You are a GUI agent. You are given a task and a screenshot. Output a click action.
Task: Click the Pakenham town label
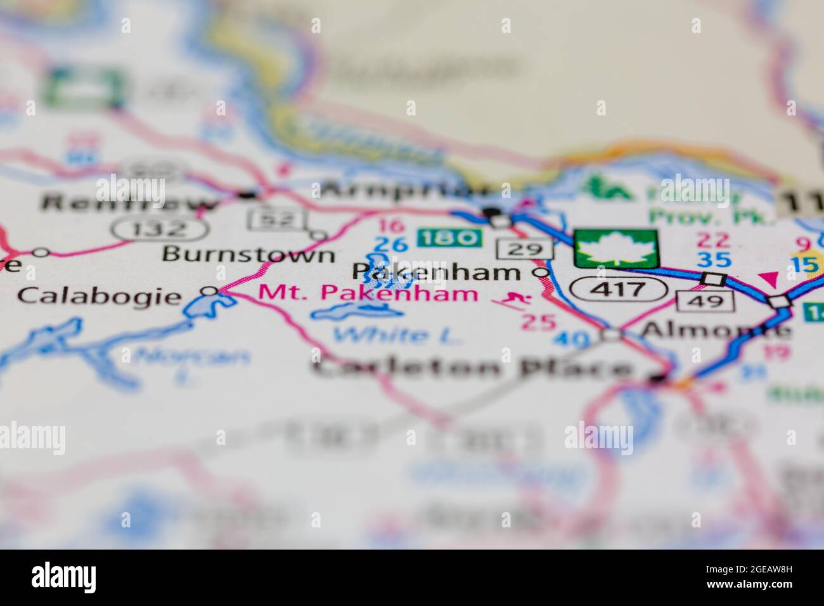pyautogui.click(x=435, y=273)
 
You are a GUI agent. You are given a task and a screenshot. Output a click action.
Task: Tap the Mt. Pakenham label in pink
pyautogui.click(x=368, y=293)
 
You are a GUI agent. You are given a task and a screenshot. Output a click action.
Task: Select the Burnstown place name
pyautogui.click(x=248, y=254)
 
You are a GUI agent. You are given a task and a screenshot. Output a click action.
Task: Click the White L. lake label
pyautogui.click(x=398, y=335)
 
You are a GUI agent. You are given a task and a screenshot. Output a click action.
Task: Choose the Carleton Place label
pyautogui.click(x=472, y=368)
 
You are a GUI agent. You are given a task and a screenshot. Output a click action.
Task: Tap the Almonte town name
pyautogui.click(x=716, y=330)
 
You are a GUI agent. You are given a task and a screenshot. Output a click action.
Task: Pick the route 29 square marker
pyautogui.click(x=524, y=248)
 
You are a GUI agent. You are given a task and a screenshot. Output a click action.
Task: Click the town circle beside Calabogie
pyautogui.click(x=209, y=291)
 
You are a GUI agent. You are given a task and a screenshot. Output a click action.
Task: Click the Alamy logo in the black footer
pyautogui.click(x=64, y=577)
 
